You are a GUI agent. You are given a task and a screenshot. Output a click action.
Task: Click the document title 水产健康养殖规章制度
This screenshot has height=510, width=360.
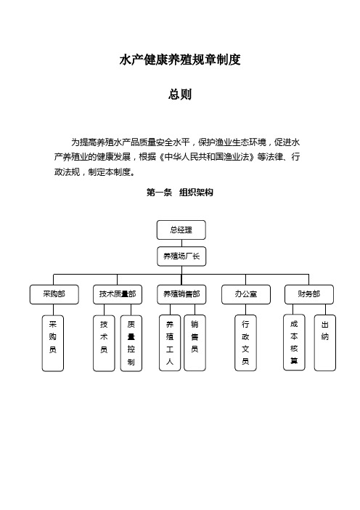point(180,60)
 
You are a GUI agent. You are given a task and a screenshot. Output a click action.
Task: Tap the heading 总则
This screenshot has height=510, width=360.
point(180,94)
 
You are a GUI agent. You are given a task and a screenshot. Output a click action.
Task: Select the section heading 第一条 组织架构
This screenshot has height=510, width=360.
point(180,193)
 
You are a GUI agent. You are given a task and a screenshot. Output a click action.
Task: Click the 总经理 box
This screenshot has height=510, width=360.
point(181,230)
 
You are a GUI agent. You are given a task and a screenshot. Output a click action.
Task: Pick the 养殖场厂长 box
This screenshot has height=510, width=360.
point(181,256)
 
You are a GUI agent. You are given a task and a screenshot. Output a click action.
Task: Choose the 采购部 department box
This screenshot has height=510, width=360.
point(54,294)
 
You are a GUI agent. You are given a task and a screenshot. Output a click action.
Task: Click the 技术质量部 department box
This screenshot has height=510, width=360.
point(118,294)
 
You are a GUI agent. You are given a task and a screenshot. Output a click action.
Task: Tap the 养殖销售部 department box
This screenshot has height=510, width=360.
point(181,294)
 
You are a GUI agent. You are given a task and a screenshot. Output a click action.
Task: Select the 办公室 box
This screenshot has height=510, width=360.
point(246,294)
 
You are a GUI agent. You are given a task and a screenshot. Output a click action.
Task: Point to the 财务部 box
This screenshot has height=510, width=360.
point(309,294)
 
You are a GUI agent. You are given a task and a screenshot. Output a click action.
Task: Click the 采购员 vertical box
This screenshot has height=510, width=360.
point(53,343)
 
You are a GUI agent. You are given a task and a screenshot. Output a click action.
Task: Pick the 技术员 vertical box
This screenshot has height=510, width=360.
point(104,343)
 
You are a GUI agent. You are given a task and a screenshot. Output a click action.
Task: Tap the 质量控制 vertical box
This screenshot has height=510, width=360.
point(131,343)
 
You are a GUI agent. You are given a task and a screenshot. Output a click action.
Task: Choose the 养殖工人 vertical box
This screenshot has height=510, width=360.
point(170,343)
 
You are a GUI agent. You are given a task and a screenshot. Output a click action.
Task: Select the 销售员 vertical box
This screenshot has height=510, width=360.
point(195,343)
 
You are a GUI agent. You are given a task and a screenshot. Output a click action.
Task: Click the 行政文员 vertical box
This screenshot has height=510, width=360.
point(245,343)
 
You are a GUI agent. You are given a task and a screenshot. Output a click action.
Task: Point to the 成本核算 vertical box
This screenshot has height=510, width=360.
point(294,342)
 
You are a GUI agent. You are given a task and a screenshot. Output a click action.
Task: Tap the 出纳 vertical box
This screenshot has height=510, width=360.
point(325,343)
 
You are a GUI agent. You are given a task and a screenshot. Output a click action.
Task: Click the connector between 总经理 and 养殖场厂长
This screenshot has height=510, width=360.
point(181,243)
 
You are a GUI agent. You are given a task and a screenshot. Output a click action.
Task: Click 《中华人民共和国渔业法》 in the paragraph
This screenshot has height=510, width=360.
point(207,157)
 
